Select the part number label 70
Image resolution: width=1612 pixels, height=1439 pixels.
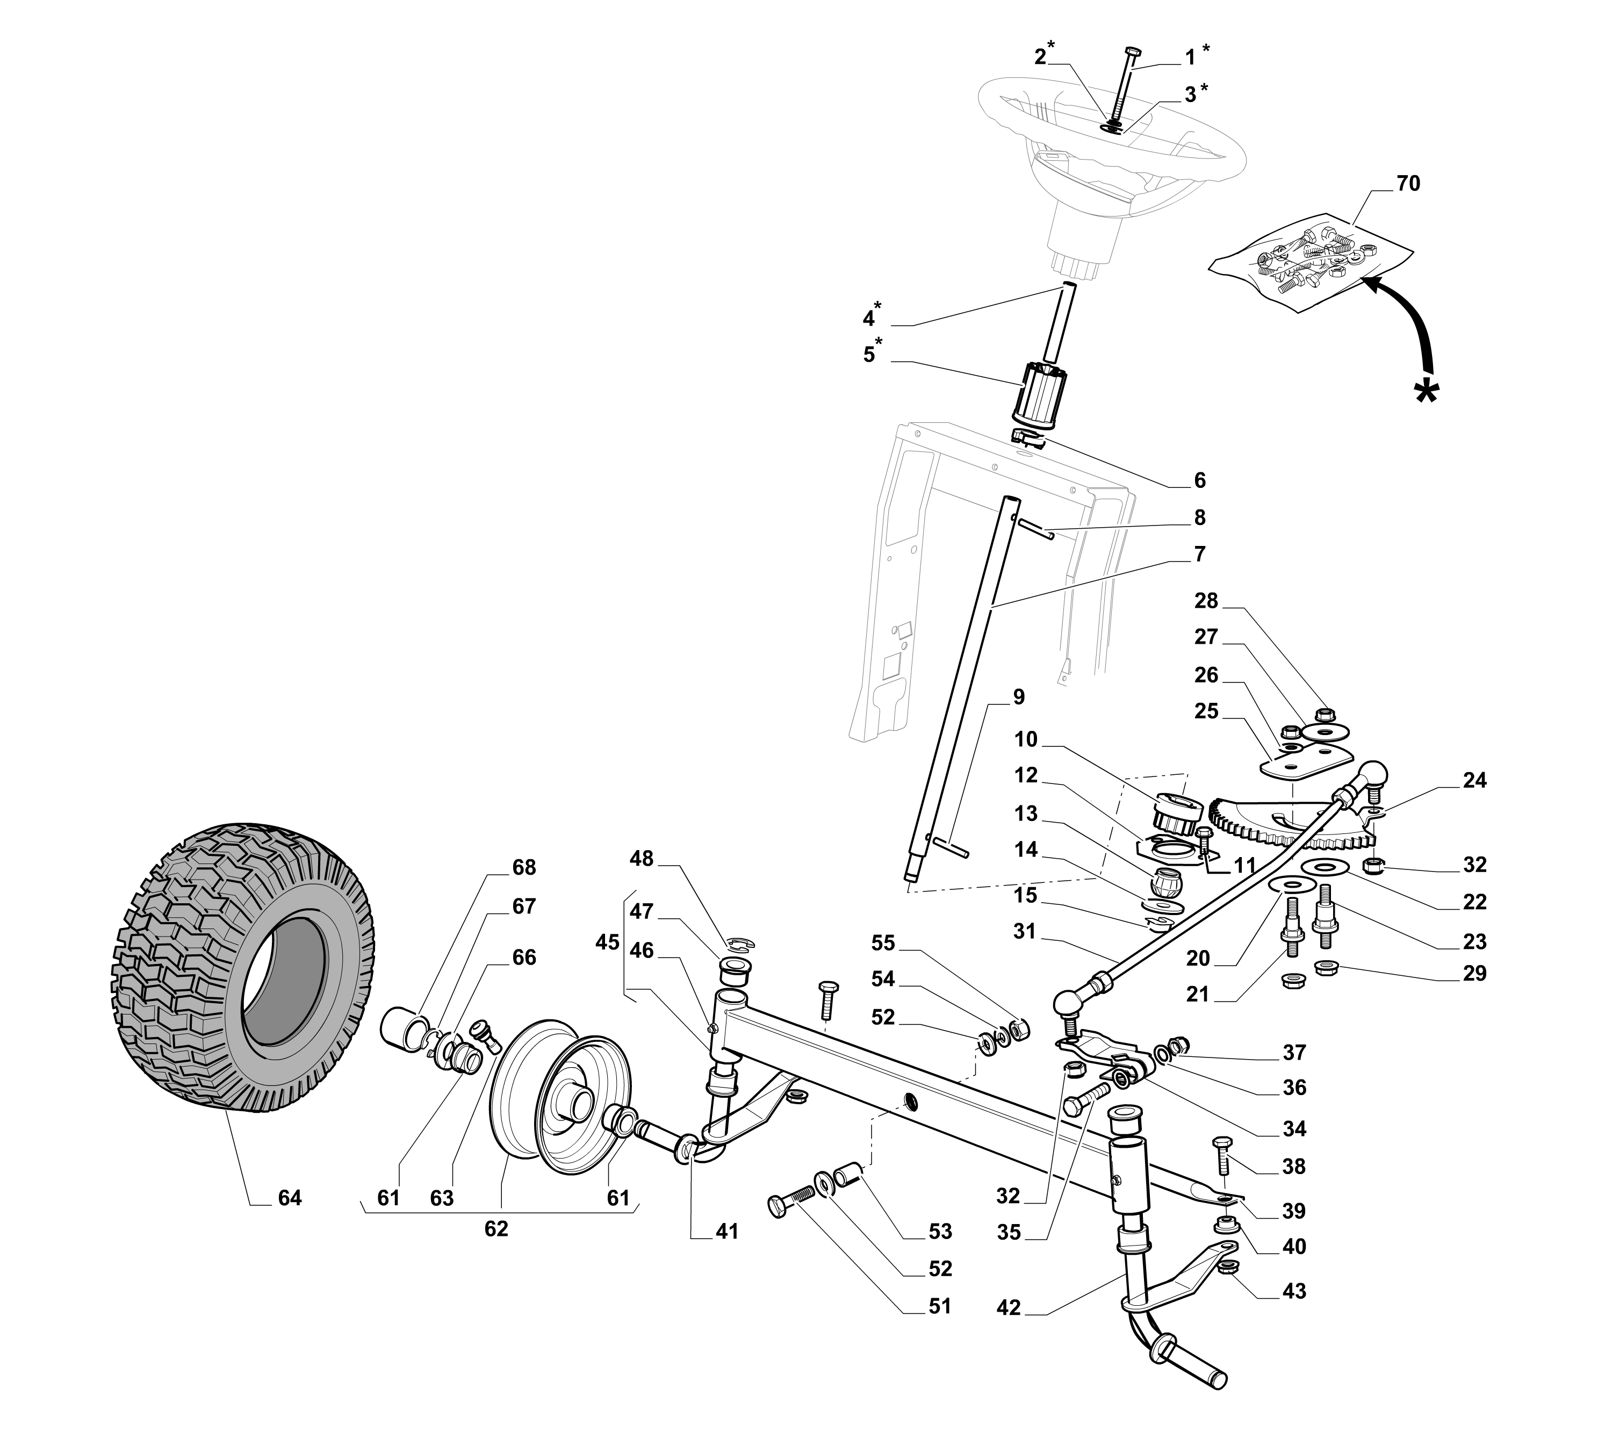[x=1408, y=183]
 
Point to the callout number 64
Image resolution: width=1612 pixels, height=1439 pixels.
[x=289, y=1199]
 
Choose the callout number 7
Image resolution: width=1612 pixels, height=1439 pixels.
[x=1199, y=554]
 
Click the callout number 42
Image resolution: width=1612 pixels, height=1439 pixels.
[x=1009, y=1308]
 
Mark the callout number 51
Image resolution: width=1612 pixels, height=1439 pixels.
[x=939, y=1306]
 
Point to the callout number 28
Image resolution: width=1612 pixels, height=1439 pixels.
[x=1206, y=600]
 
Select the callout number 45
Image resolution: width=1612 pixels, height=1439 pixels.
[x=608, y=942]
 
